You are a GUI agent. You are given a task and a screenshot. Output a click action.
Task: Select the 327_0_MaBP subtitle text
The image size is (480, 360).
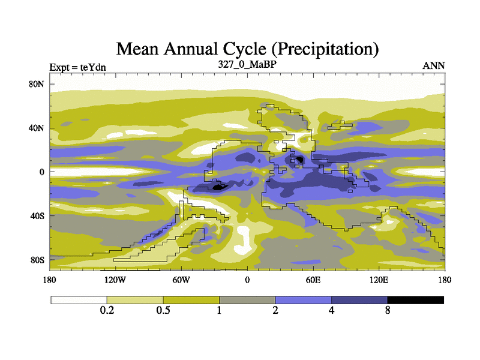(247, 63)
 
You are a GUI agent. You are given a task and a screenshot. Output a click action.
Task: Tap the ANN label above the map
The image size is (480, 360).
(434, 66)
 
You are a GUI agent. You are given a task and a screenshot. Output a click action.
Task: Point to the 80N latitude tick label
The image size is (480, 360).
(37, 85)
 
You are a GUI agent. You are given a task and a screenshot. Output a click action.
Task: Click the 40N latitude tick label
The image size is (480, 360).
(37, 128)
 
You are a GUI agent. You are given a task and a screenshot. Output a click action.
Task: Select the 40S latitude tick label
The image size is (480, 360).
(38, 216)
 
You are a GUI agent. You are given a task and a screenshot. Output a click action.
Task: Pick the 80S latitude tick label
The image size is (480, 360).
(38, 260)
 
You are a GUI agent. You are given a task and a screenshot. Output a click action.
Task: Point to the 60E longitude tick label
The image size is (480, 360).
(313, 280)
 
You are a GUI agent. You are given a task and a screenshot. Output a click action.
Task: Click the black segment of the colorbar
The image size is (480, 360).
(415, 299)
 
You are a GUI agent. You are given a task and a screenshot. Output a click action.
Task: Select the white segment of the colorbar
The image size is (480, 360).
(79, 299)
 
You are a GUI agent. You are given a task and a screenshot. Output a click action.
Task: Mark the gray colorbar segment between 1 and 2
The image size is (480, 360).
(247, 299)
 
